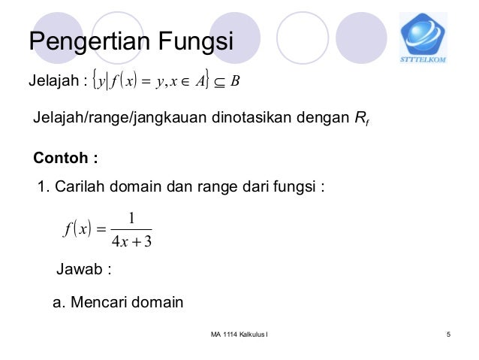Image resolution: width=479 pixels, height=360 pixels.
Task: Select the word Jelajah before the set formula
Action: click(x=52, y=80)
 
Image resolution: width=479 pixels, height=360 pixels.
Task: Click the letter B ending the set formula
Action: click(x=236, y=81)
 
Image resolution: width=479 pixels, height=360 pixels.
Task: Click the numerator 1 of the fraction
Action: click(x=131, y=218)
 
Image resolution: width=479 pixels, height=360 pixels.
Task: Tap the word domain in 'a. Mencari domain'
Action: click(x=158, y=303)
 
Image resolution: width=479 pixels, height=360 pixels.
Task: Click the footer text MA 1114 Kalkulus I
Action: click(x=239, y=334)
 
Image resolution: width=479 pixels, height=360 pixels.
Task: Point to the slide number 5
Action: click(x=448, y=334)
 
